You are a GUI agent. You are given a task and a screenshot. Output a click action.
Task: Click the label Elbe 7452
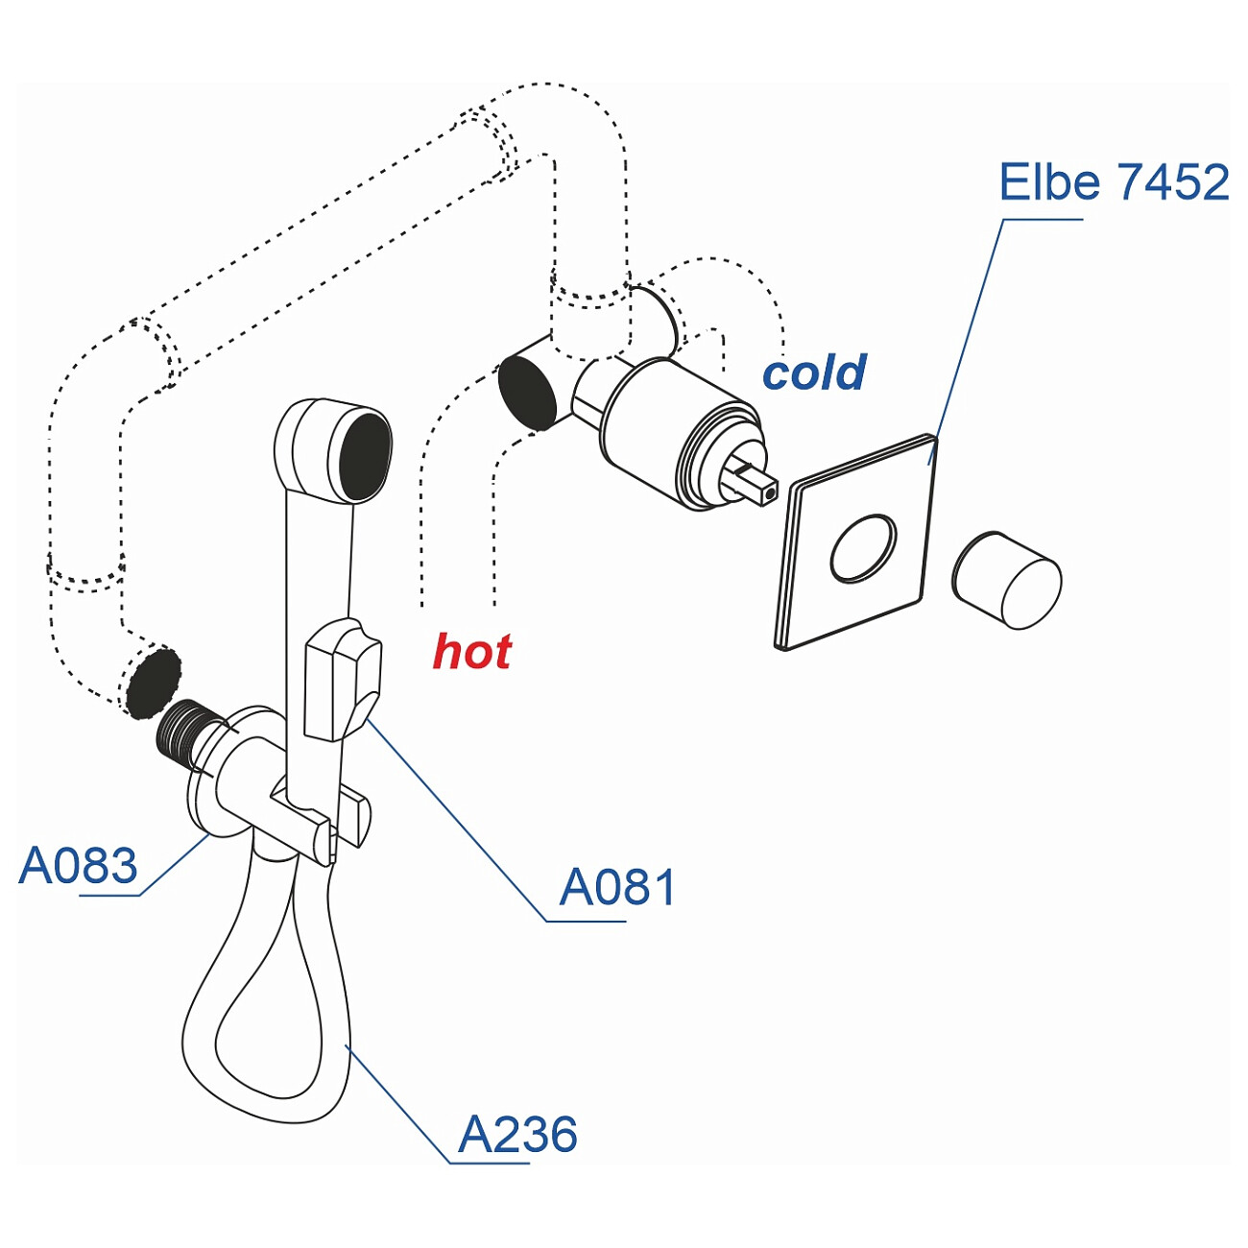pos(1113,182)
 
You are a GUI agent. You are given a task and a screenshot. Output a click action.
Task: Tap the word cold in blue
pos(814,372)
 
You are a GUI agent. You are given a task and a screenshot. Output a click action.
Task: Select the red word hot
pos(471,652)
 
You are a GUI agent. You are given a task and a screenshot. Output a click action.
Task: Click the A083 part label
pos(79,866)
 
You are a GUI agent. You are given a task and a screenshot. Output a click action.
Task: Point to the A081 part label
pos(617,887)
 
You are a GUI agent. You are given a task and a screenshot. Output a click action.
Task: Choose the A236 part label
pos(517,1135)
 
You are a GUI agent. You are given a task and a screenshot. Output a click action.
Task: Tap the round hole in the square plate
pos(863,548)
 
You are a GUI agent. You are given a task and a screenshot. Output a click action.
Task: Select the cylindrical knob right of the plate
pos(1008,581)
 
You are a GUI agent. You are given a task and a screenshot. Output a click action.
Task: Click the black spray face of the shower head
pos(365,455)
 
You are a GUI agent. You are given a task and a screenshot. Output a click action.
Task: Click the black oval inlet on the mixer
pos(527,391)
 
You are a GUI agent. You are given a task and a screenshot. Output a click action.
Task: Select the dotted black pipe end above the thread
pos(153,683)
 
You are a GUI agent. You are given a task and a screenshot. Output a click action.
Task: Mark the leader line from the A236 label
pos(398,1104)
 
